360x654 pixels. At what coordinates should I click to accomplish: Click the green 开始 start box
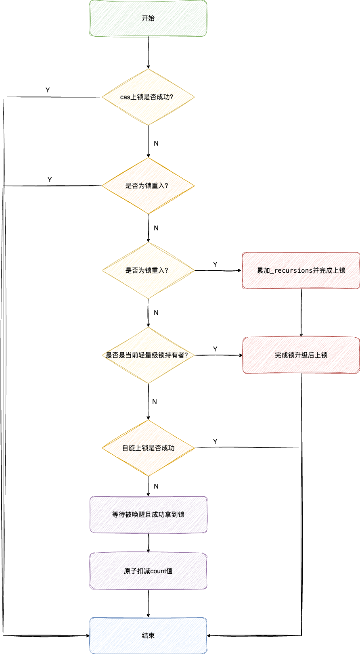[148, 19]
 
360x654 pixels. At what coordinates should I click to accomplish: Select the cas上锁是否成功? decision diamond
[148, 97]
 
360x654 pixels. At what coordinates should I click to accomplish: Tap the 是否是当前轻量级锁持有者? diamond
[148, 355]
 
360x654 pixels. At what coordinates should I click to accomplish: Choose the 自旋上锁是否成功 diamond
[148, 448]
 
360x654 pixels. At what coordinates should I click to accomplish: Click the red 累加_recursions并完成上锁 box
[301, 270]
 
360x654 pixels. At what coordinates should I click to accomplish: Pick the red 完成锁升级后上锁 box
[301, 355]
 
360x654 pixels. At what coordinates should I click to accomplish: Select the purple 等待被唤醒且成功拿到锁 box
[148, 514]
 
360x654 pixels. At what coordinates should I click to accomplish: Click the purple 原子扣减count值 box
[148, 571]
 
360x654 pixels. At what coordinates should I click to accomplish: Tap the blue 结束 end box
[148, 635]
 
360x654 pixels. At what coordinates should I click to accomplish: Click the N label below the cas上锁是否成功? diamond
[156, 144]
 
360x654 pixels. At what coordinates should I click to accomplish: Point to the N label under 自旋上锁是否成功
[156, 487]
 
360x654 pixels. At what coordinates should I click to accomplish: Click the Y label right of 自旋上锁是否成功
[215, 442]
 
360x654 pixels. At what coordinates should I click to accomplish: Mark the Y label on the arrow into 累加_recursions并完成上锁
[215, 265]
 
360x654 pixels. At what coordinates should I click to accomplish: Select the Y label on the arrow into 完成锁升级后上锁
[215, 349]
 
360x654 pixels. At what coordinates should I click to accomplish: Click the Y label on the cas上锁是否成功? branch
[48, 90]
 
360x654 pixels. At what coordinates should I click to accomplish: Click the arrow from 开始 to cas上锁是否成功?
[148, 52]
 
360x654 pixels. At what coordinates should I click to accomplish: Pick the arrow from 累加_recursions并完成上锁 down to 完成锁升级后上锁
[301, 313]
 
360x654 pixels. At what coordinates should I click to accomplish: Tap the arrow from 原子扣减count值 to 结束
[148, 603]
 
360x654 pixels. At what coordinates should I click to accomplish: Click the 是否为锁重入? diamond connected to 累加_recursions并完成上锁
[148, 270]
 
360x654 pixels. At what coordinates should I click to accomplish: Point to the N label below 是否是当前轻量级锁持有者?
[155, 402]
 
